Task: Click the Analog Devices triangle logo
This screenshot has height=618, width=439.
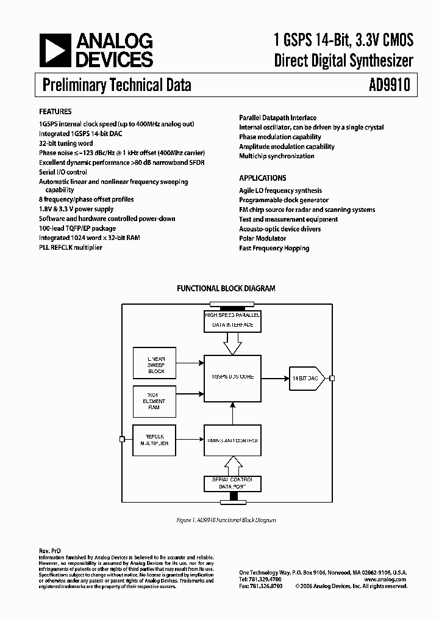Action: click(x=54, y=50)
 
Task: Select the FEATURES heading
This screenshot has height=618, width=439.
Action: click(x=55, y=112)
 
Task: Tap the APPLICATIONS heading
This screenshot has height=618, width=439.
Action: click(x=262, y=178)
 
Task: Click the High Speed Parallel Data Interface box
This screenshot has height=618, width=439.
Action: click(x=233, y=320)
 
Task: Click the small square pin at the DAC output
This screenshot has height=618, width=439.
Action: click(x=332, y=379)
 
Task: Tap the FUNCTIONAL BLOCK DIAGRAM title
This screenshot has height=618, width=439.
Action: click(x=226, y=288)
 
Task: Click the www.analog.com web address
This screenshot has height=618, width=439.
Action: click(x=385, y=579)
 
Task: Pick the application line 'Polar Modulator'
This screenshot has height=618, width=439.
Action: click(x=262, y=239)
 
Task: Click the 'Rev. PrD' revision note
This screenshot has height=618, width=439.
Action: click(x=50, y=550)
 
